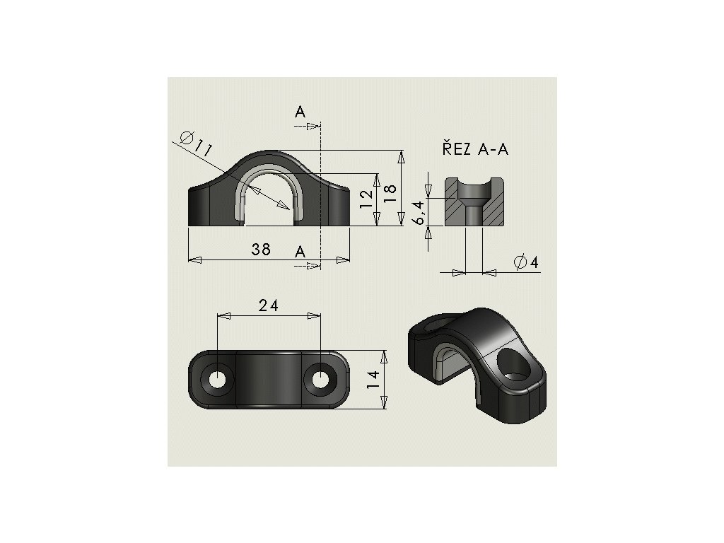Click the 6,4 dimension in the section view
[419, 212]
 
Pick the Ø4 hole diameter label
[527, 262]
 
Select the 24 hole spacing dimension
[268, 305]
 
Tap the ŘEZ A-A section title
[475, 149]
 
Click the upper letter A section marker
[300, 112]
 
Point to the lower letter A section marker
[300, 252]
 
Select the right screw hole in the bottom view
[320, 378]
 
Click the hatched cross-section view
[473, 202]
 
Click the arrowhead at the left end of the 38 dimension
[192, 259]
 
